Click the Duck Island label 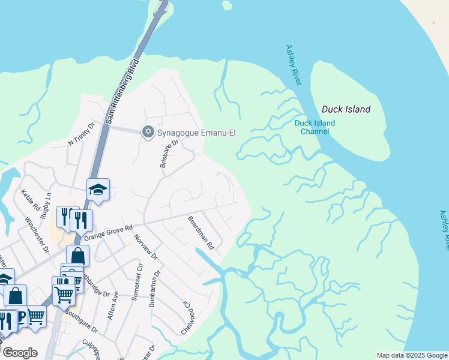click(346, 109)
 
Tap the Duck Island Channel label click(315, 127)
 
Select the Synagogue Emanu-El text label click(196, 132)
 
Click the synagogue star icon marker click(148, 131)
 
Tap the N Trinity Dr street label click(82, 134)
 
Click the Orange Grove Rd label click(108, 232)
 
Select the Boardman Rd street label click(200, 233)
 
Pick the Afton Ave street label click(115, 304)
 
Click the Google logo click(20, 352)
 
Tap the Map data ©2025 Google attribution click(412, 355)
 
